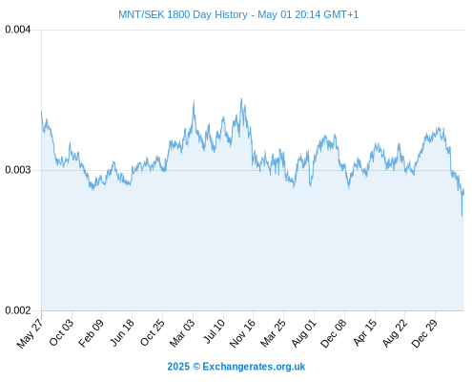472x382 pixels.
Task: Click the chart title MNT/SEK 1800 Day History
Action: (x=183, y=14)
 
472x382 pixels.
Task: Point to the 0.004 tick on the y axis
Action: (x=18, y=30)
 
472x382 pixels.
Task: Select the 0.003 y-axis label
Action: (x=18, y=170)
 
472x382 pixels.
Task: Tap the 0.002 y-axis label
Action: (x=18, y=310)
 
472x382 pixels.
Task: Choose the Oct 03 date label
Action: (x=61, y=332)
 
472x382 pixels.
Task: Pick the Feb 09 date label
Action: (x=92, y=333)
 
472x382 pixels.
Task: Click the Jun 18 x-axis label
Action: (x=122, y=332)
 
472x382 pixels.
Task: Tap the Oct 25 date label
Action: (x=153, y=332)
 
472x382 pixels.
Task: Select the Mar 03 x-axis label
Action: (x=182, y=333)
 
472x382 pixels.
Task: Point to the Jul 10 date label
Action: (x=215, y=331)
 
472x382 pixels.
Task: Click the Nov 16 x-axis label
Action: (x=242, y=333)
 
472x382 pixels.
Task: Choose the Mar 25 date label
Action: (x=274, y=333)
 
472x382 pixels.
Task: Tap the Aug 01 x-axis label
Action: (x=304, y=333)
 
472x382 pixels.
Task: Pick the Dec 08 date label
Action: (x=334, y=333)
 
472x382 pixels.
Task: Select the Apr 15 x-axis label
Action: (x=365, y=332)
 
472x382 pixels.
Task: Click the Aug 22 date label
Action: (x=395, y=333)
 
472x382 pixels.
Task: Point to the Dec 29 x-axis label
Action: (x=424, y=333)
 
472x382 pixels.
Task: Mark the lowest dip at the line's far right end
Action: (x=462, y=216)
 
